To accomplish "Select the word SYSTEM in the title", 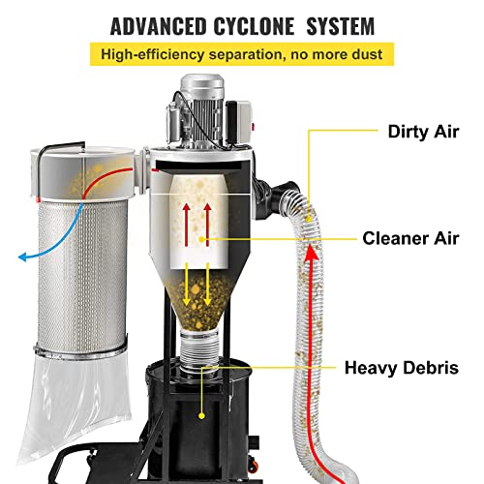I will coord(335,22).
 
